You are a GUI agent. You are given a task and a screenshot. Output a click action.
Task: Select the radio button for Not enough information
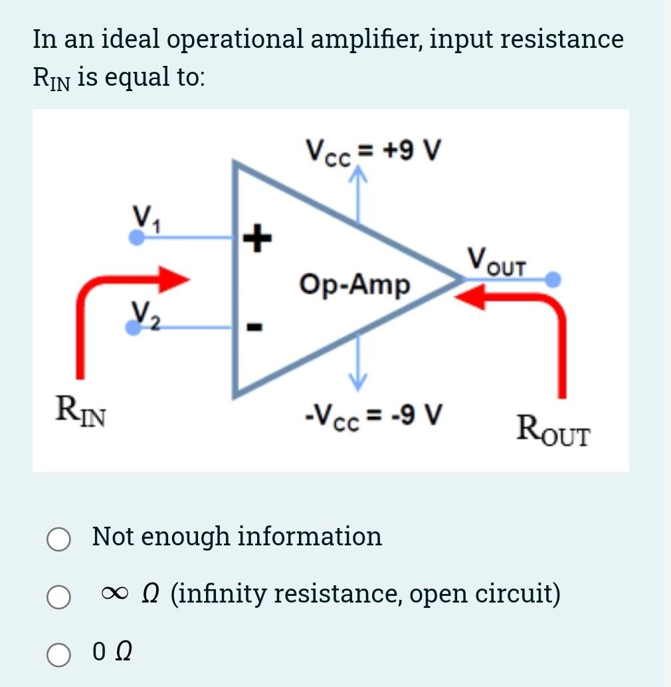[58, 540]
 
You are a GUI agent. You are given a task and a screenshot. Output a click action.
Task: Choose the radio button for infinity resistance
[58, 597]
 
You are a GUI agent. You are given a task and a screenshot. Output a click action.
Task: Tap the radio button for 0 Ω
[58, 654]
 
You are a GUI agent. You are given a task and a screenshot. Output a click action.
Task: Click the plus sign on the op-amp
[257, 237]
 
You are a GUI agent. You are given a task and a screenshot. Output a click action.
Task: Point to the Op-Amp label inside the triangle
[355, 285]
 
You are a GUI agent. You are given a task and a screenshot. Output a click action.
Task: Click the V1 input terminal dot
[136, 237]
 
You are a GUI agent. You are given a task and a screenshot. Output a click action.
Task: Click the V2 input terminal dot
[134, 327]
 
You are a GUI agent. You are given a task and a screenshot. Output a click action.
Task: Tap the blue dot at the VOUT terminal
[553, 279]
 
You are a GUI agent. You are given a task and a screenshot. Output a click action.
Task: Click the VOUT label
[496, 260]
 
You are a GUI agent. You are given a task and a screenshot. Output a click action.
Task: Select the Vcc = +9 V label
[373, 150]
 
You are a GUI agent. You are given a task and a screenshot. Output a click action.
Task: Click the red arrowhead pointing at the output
[470, 299]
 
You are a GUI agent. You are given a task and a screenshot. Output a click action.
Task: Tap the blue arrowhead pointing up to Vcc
[359, 176]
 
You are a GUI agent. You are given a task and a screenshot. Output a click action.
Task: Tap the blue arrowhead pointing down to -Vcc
[359, 380]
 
